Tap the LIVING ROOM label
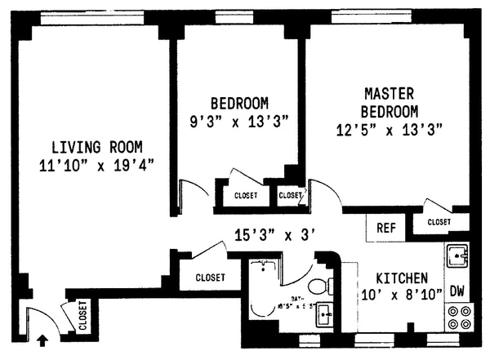point(96,148)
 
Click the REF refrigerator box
point(385,228)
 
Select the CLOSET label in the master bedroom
point(439,221)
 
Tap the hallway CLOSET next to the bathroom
point(210,278)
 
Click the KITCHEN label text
point(399,277)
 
